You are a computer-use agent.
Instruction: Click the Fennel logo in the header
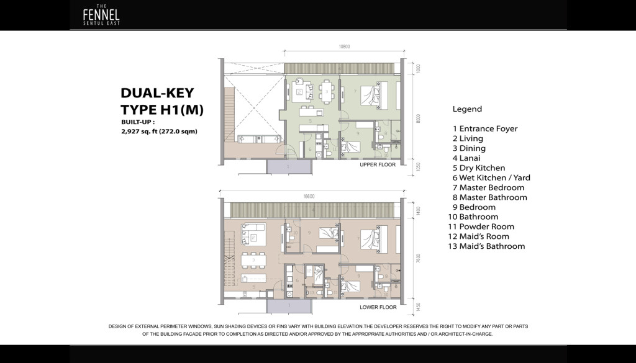click(101, 16)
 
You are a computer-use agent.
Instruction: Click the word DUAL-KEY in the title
click(157, 93)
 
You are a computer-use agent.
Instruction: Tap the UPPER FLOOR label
click(378, 166)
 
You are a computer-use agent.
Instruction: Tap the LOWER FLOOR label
click(378, 307)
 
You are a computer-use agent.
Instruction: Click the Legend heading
click(467, 109)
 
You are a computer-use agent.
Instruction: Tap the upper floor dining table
click(327, 92)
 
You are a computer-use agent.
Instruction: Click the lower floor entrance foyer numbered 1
click(288, 306)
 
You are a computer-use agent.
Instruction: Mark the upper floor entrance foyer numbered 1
click(288, 166)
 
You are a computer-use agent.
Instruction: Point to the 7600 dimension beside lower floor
click(419, 260)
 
